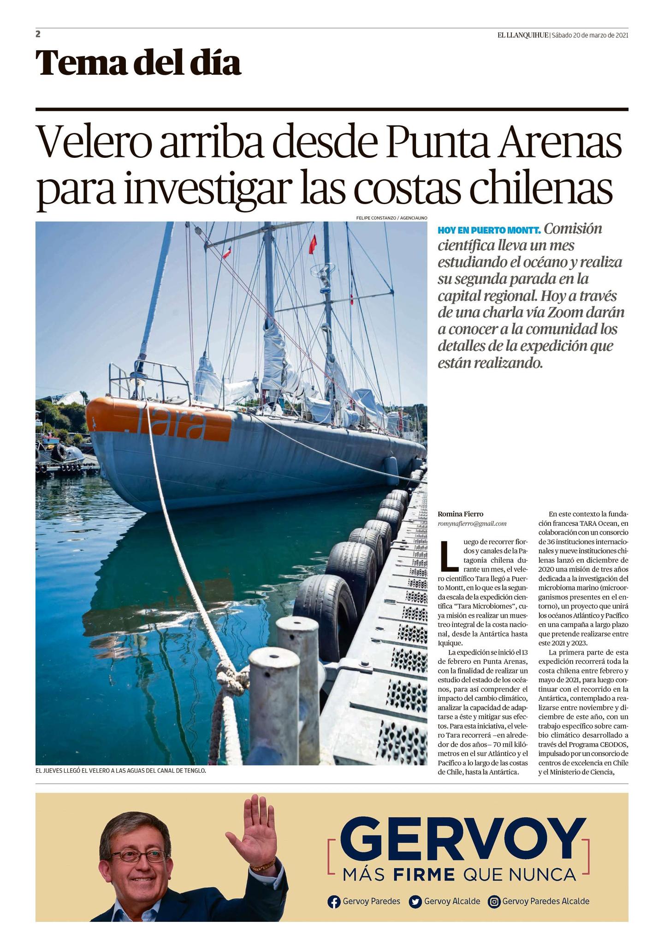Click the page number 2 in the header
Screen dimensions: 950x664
click(x=38, y=34)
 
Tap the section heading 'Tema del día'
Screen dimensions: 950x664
click(x=138, y=63)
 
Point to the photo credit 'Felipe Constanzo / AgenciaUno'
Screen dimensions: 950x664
click(x=391, y=217)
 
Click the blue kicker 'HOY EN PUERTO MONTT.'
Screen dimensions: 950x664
click(x=489, y=230)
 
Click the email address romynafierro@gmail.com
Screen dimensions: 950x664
click(x=472, y=523)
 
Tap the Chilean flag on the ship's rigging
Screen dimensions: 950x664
click(x=227, y=252)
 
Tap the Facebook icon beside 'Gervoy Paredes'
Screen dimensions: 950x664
click(x=333, y=902)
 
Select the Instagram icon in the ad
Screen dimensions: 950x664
click(x=494, y=902)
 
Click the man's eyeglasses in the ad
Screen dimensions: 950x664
click(x=139, y=855)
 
